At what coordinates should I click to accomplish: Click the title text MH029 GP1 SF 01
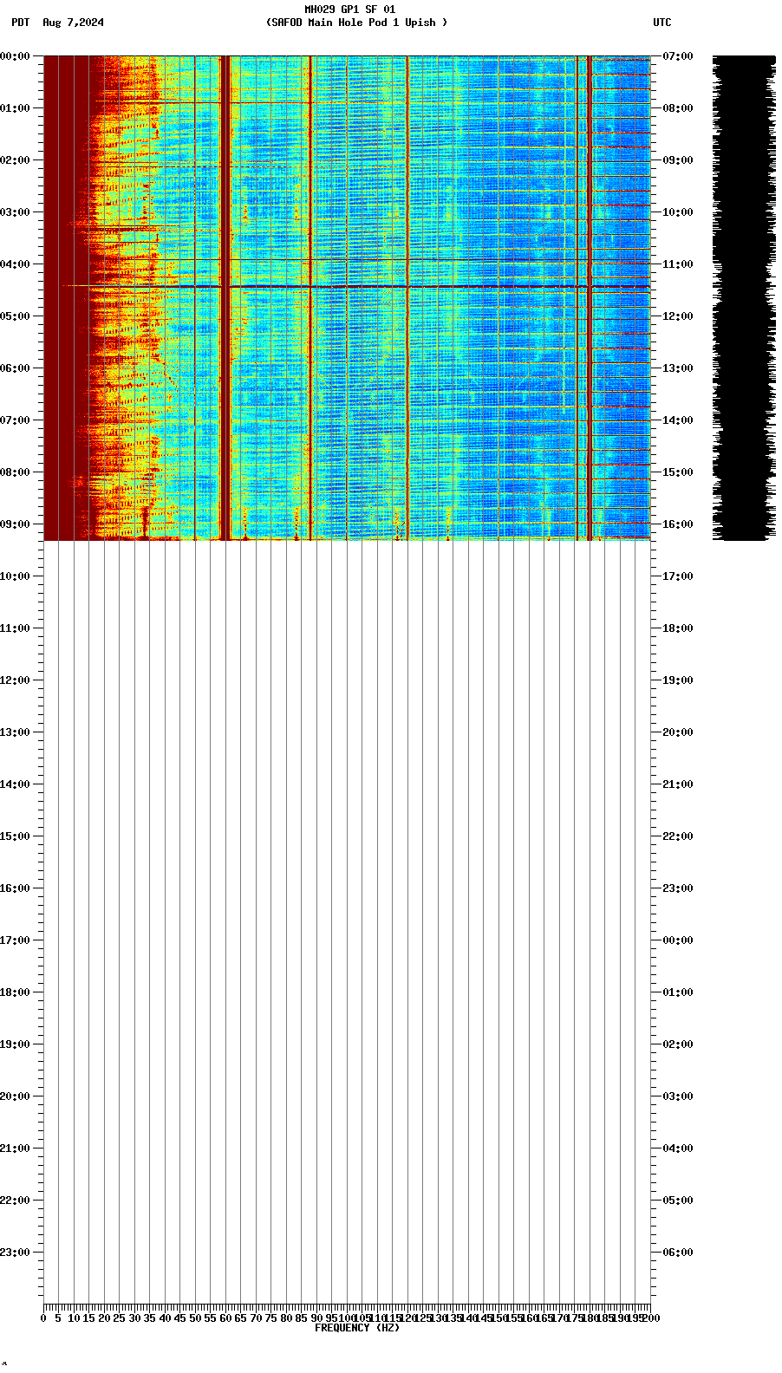tap(349, 10)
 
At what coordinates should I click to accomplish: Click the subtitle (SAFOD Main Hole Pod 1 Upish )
tap(356, 23)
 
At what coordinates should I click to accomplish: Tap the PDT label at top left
tap(20, 23)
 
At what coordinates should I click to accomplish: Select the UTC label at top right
tap(661, 23)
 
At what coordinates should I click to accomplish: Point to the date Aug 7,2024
tap(73, 23)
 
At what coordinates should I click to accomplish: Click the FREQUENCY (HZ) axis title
tap(356, 1328)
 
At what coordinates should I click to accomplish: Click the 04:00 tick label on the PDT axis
tap(16, 264)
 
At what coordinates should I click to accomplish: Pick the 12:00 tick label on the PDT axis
tap(16, 680)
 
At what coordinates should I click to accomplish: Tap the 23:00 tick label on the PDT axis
tap(16, 1253)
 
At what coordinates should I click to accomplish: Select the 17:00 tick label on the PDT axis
tap(16, 940)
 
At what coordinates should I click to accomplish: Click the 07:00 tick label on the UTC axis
tap(677, 56)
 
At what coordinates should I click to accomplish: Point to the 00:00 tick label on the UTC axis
tap(677, 940)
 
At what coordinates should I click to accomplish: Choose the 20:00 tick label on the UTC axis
tap(677, 732)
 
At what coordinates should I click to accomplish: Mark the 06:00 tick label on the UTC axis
tap(677, 1253)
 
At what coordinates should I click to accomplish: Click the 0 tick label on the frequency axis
tap(43, 1318)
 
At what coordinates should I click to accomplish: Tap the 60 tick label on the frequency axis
tap(225, 1318)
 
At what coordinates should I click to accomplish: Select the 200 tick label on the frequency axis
tap(650, 1318)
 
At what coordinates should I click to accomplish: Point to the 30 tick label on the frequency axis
tap(134, 1318)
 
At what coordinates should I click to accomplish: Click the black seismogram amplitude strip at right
tap(743, 295)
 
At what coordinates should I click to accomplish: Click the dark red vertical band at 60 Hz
tap(225, 295)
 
